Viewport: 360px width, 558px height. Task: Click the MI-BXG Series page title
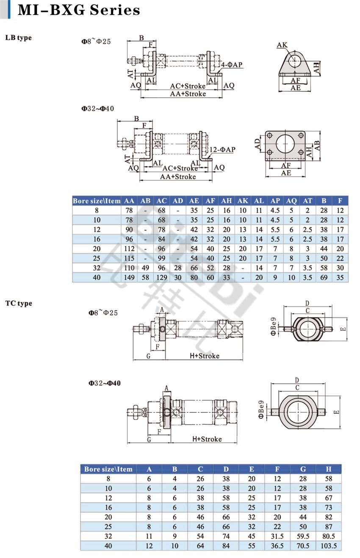[79, 10]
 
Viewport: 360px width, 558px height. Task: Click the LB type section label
[18, 38]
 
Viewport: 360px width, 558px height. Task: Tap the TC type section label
[19, 303]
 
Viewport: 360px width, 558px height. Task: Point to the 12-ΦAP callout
[222, 149]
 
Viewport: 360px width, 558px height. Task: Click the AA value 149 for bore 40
[130, 277]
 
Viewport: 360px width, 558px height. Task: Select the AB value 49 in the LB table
[145, 268]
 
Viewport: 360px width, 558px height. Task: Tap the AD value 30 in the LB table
[178, 277]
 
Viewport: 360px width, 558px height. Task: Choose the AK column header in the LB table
[243, 201]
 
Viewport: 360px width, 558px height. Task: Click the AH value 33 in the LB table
[227, 277]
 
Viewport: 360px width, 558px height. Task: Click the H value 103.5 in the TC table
[329, 546]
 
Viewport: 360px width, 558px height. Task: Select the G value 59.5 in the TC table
[303, 536]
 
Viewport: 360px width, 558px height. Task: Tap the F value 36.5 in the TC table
[277, 546]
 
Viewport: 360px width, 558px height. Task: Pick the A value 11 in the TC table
[149, 536]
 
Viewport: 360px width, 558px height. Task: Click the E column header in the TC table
[252, 469]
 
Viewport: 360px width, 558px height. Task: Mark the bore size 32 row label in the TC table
[108, 536]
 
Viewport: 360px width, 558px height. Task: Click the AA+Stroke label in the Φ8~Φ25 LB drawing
[188, 94]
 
